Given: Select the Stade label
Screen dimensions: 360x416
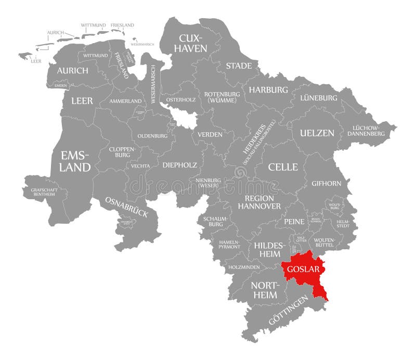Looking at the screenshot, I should tap(239, 66).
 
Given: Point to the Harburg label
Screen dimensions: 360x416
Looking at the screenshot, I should tap(268, 89).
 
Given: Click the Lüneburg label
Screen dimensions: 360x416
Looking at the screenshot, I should tap(318, 98).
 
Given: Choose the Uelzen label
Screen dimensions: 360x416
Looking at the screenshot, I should tap(317, 133).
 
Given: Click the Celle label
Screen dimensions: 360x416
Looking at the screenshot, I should tap(283, 167).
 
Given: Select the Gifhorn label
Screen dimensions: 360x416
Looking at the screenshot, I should tap(326, 183).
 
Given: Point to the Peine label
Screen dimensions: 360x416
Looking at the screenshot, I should tap(294, 221).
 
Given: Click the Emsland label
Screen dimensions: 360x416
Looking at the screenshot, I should tap(75, 161).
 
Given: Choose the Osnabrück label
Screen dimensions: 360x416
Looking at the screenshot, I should tap(126, 207).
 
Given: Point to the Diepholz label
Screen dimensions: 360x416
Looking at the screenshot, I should tap(179, 165).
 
